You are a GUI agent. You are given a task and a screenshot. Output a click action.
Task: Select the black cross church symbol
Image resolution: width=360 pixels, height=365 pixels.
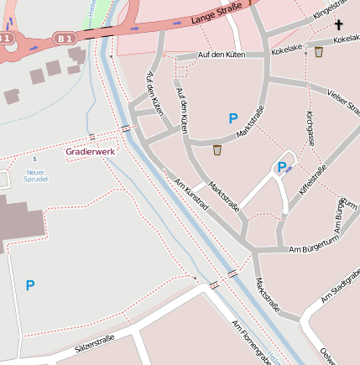(x=339, y=25)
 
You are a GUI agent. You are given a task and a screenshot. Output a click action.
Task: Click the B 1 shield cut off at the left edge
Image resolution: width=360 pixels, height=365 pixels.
(x=6, y=39)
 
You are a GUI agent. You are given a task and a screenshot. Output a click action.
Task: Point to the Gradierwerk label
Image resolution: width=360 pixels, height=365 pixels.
(x=91, y=151)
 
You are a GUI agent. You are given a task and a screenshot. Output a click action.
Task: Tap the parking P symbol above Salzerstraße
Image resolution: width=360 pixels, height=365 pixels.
(x=30, y=285)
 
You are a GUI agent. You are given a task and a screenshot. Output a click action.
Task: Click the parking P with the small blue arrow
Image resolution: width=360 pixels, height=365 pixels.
(x=283, y=167)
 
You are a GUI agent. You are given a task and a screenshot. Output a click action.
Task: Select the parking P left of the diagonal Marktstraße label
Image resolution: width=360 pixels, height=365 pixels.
(x=233, y=119)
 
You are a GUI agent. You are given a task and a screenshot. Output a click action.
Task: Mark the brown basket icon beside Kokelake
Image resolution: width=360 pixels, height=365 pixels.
(x=319, y=52)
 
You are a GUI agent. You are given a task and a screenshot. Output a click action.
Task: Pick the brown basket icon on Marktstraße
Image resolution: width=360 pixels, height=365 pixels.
(x=217, y=150)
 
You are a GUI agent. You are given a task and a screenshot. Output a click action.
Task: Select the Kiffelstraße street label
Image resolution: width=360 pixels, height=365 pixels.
(x=312, y=177)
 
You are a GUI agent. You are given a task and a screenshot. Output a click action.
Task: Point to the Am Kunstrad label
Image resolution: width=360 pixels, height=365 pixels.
(x=190, y=195)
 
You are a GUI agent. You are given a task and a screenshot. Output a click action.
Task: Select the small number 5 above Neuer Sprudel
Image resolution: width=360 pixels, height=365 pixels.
(x=34, y=159)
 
